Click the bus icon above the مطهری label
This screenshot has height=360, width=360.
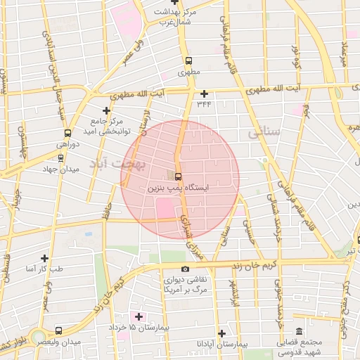188,60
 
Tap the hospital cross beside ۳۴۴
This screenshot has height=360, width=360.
205,94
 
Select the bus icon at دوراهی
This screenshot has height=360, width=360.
67,133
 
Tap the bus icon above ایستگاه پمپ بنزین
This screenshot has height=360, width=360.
177,176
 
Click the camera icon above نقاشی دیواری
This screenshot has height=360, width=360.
185,269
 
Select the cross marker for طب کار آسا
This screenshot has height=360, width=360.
44,258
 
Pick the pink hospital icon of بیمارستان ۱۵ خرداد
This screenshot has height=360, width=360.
139,316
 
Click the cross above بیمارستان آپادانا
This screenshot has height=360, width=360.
221,333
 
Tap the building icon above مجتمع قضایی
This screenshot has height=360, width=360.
300,331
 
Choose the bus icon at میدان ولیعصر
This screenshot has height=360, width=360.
58,330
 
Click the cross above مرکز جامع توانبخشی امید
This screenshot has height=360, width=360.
106,110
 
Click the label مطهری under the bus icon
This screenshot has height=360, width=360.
188,72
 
